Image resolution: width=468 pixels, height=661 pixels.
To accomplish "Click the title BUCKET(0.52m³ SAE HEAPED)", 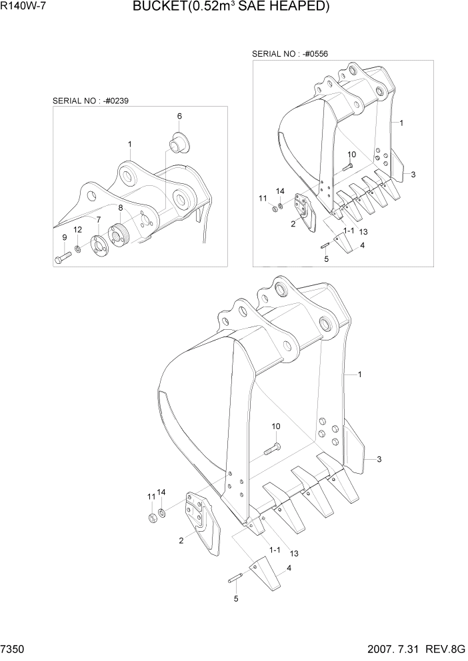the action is point(231,7).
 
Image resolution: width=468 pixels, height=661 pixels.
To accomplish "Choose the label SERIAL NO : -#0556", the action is point(289,53).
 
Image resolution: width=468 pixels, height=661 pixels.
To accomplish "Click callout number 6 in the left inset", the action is point(179,116).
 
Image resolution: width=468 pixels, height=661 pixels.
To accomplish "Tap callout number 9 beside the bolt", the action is point(65,237).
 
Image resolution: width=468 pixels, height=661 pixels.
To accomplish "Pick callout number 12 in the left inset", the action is point(78,230).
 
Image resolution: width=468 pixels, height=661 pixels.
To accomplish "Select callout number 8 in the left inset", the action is point(120,209).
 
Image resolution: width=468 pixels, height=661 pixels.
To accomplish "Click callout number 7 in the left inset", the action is point(99,219).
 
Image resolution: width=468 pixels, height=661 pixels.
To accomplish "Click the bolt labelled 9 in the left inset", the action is point(61,257).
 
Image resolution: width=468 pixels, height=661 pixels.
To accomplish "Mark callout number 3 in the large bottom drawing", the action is point(379,459).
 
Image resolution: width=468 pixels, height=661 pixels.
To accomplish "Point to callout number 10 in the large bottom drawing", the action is point(275,426).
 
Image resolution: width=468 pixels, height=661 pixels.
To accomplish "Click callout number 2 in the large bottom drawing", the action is point(181,541).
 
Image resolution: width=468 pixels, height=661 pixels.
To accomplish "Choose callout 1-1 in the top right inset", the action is point(349,231).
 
